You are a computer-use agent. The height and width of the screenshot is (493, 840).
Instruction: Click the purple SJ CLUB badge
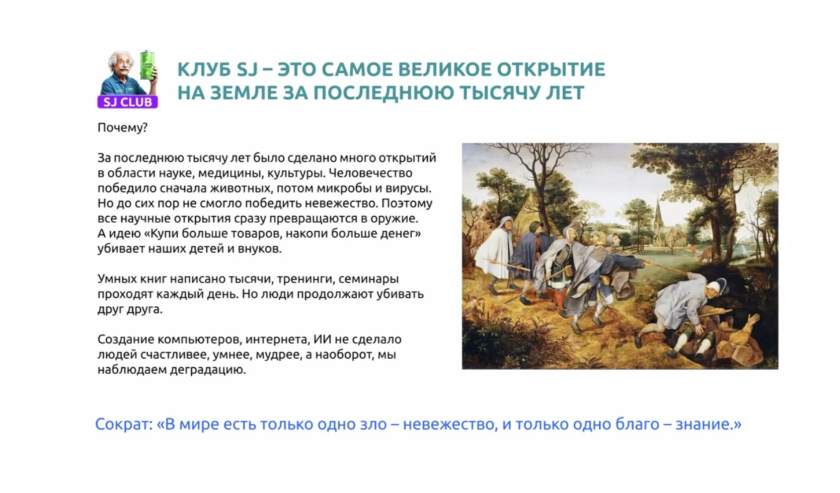pos(127,102)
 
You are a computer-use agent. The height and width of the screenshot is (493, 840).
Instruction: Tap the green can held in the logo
pos(147,66)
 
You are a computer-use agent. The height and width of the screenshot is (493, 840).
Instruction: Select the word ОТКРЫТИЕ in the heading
pos(551,69)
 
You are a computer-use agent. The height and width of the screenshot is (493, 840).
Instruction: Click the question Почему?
pos(123,128)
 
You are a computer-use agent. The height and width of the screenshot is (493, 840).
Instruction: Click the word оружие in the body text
pos(393,219)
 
